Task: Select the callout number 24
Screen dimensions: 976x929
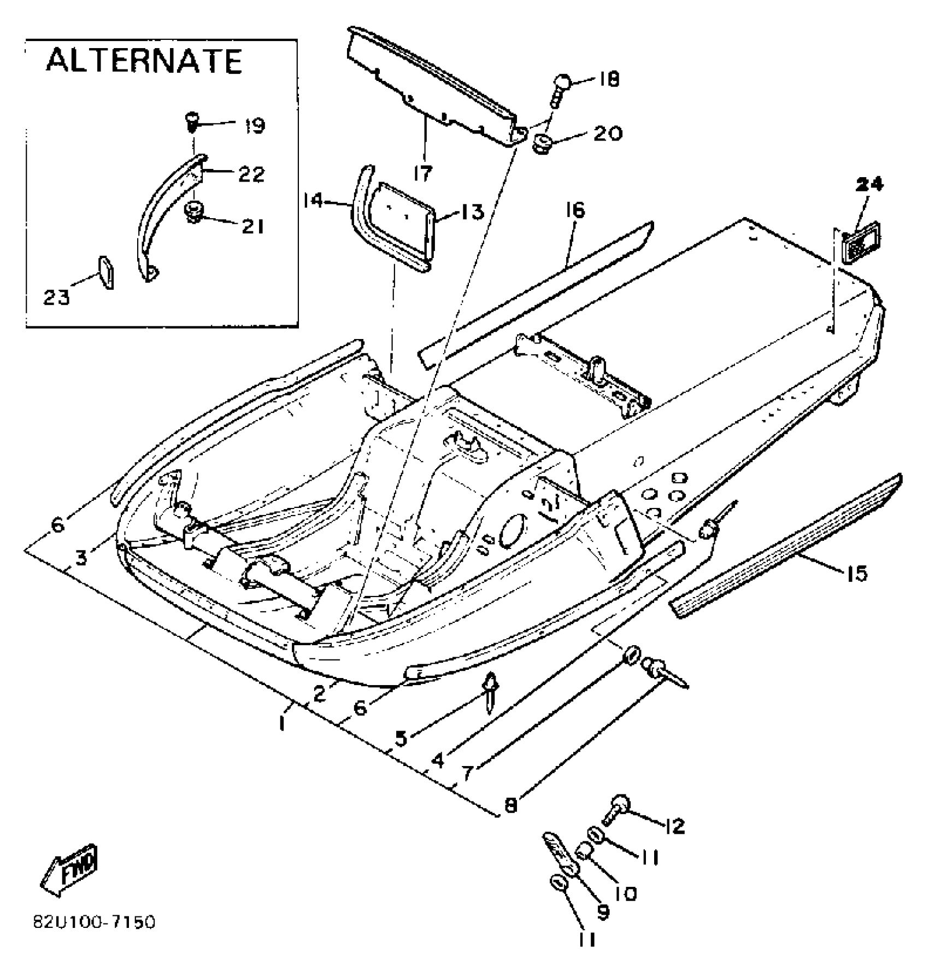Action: coord(868,185)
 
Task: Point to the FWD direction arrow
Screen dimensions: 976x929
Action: coord(70,870)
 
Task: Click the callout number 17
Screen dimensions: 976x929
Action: coord(422,173)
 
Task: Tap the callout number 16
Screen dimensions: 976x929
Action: coord(575,211)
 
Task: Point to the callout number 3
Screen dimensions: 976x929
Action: coord(81,558)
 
